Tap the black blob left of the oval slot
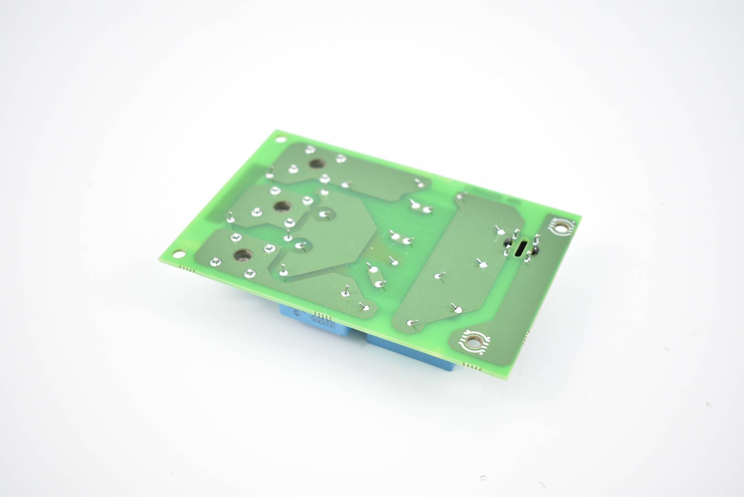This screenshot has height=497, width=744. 508,242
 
